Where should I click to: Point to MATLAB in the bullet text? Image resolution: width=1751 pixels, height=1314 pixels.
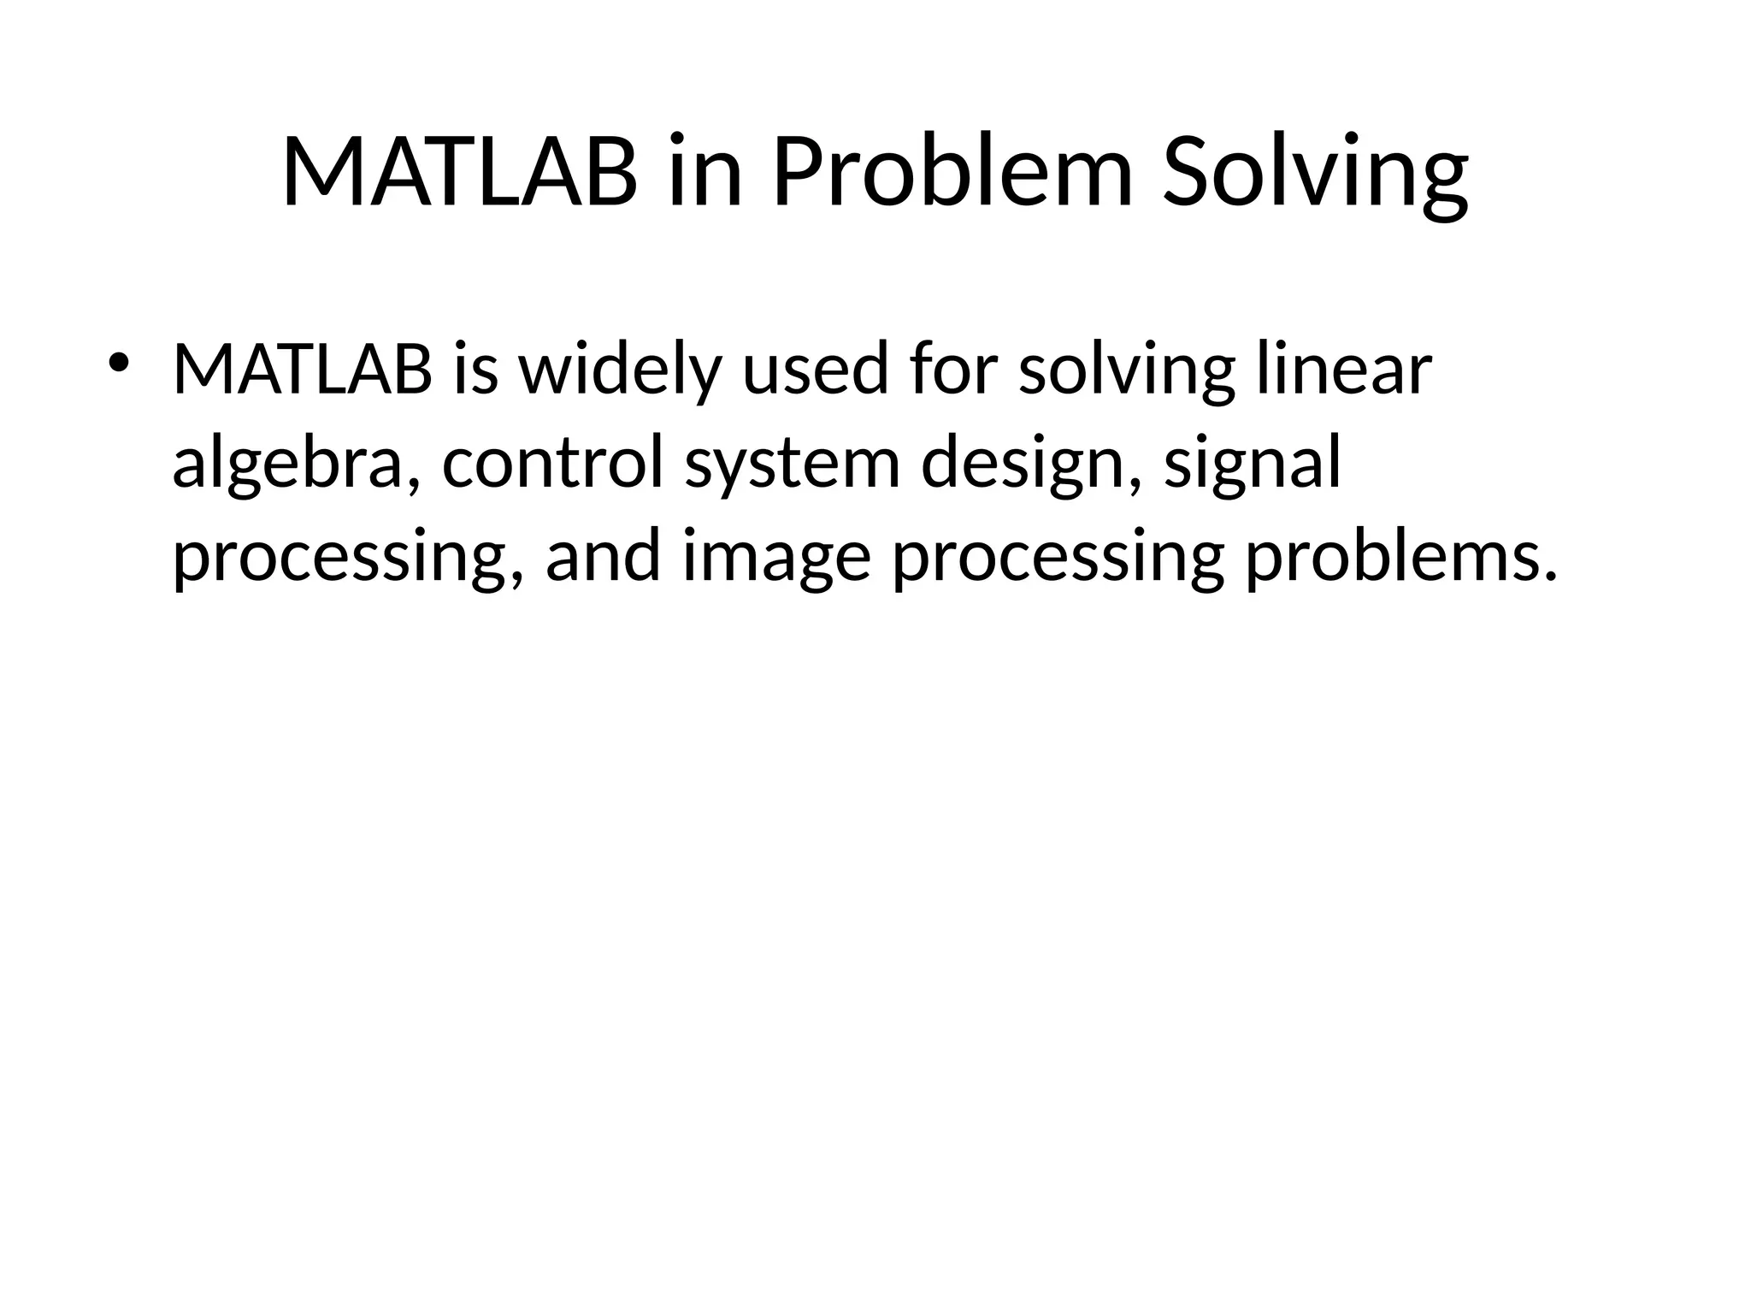coord(303,370)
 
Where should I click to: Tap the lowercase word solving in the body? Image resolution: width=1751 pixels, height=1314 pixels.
coord(1127,370)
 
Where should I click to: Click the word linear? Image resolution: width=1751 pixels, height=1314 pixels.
coord(1344,370)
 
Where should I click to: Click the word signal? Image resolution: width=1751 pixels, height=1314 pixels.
coord(1253,463)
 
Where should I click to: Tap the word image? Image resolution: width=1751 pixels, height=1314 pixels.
coord(776,556)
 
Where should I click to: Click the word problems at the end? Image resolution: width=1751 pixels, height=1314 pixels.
coord(1397,556)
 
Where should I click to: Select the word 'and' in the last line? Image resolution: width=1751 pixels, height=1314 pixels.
coord(603,556)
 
